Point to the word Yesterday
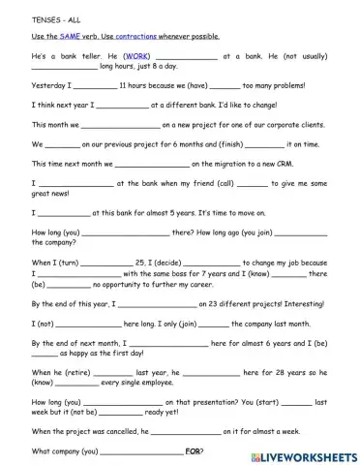(x=50, y=85)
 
